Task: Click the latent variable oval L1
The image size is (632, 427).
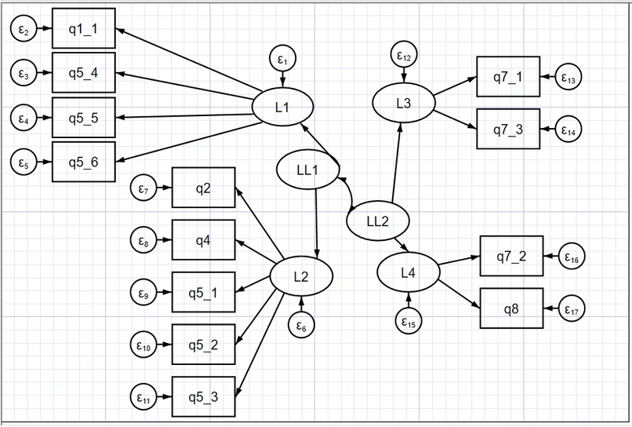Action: click(x=282, y=107)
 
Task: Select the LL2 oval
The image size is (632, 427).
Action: click(x=378, y=221)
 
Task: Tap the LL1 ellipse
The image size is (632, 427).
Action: click(x=307, y=170)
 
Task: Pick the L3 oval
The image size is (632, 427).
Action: click(x=404, y=103)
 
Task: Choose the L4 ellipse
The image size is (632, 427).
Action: click(x=409, y=272)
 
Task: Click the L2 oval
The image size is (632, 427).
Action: click(x=301, y=276)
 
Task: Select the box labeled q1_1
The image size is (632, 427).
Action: click(x=84, y=29)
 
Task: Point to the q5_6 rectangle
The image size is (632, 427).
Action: click(x=84, y=162)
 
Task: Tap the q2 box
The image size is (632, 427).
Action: click(x=204, y=188)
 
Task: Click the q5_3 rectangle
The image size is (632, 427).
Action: click(x=204, y=396)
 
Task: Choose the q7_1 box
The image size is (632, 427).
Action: click(x=508, y=77)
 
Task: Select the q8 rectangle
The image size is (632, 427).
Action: click(x=511, y=308)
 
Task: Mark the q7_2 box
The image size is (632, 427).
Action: click(x=511, y=257)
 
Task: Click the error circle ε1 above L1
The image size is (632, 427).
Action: click(x=282, y=59)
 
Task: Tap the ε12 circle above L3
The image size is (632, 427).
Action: click(x=404, y=54)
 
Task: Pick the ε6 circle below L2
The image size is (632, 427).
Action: click(x=301, y=325)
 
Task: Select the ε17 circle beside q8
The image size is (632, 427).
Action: click(x=572, y=308)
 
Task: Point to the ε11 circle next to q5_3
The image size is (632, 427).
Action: click(x=143, y=396)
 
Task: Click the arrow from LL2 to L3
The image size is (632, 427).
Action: click(x=396, y=162)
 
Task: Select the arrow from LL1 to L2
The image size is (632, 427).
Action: click(x=317, y=223)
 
